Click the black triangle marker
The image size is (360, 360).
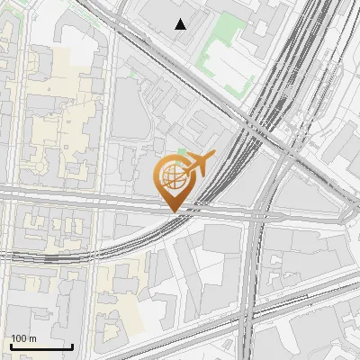(181, 24)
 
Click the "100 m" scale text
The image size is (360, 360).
(24, 338)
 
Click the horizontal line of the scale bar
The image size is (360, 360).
(41, 346)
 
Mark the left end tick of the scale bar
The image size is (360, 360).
(11, 345)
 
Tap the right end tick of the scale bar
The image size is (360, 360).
(72, 345)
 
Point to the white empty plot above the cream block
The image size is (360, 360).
(76, 36)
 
